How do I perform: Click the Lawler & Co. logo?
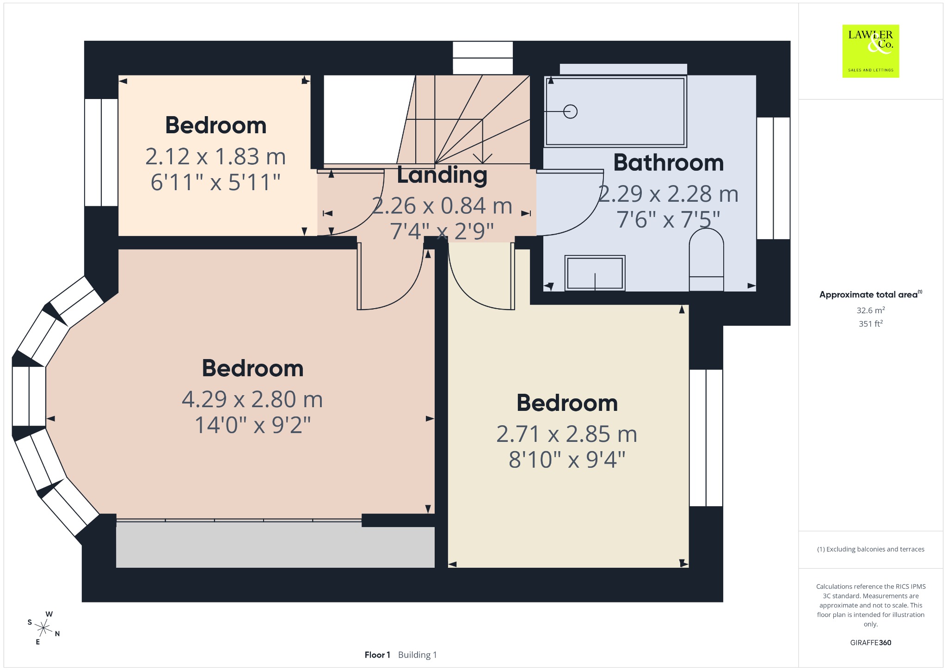[x=871, y=51]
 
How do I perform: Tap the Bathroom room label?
[x=668, y=163]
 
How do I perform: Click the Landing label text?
[x=442, y=175]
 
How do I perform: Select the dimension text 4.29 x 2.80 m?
[x=252, y=399]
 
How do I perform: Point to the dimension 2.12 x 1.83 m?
[x=215, y=156]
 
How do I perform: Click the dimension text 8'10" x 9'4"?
[x=567, y=460]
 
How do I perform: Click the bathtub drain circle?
[x=571, y=112]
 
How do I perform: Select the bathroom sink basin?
[x=595, y=273]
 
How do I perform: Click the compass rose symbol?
[x=44, y=628]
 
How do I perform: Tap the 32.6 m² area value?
[x=871, y=310]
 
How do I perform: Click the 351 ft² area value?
[x=871, y=323]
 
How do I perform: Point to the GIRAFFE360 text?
[x=871, y=642]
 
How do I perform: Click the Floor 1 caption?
[x=377, y=655]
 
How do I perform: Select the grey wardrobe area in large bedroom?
[x=275, y=545]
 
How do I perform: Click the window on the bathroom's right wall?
[x=773, y=178]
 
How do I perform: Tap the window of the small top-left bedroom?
[x=101, y=152]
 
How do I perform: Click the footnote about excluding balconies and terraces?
[x=871, y=549]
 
